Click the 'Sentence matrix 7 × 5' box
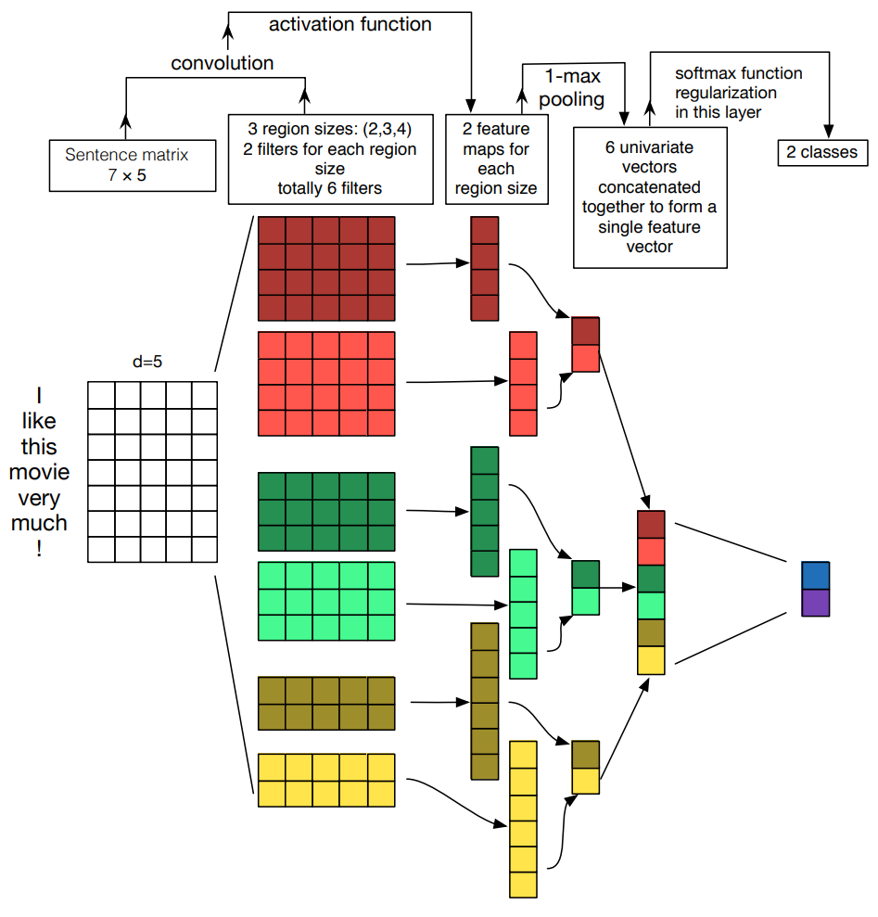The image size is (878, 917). point(133,165)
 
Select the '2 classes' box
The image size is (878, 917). point(822,153)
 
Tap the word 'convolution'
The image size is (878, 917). point(223,64)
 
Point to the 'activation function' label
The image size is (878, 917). point(350,25)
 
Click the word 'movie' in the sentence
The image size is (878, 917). point(39,472)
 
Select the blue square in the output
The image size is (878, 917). point(816,575)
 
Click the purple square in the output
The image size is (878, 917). point(816,603)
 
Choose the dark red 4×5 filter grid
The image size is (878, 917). point(326,269)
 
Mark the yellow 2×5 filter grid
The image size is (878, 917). point(326,781)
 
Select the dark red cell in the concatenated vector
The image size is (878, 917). point(652,525)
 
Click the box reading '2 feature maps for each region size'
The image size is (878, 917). point(496,159)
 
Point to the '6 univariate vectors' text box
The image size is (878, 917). point(650,197)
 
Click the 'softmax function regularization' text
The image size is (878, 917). point(726,92)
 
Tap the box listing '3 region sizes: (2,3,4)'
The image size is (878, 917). point(330,159)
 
